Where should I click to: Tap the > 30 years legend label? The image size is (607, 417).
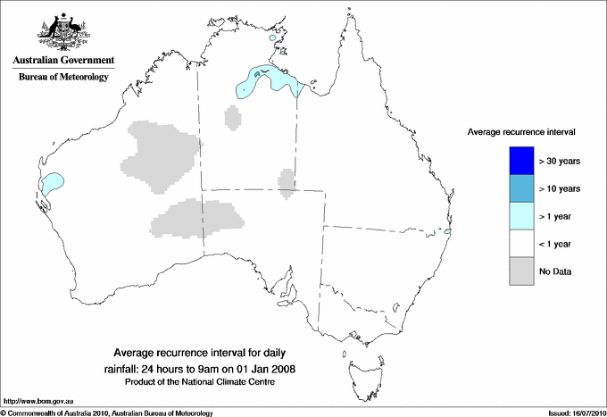coord(561,161)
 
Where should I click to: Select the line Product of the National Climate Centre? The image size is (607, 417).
coord(205,382)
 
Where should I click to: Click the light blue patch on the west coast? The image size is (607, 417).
coord(53,184)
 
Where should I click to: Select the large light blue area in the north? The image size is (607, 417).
coord(268,81)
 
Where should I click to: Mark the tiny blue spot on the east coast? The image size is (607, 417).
coord(449,234)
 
